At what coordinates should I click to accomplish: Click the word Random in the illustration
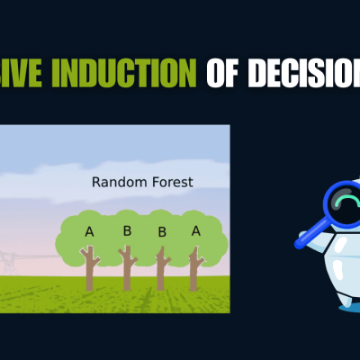click(121, 183)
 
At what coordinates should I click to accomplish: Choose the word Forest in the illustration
click(172, 183)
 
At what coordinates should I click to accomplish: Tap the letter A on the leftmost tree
click(89, 232)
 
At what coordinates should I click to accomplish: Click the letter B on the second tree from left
click(127, 230)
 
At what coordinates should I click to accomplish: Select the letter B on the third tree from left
click(162, 232)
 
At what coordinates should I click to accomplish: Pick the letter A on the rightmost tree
click(196, 230)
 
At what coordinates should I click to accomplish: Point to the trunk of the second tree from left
click(127, 270)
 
